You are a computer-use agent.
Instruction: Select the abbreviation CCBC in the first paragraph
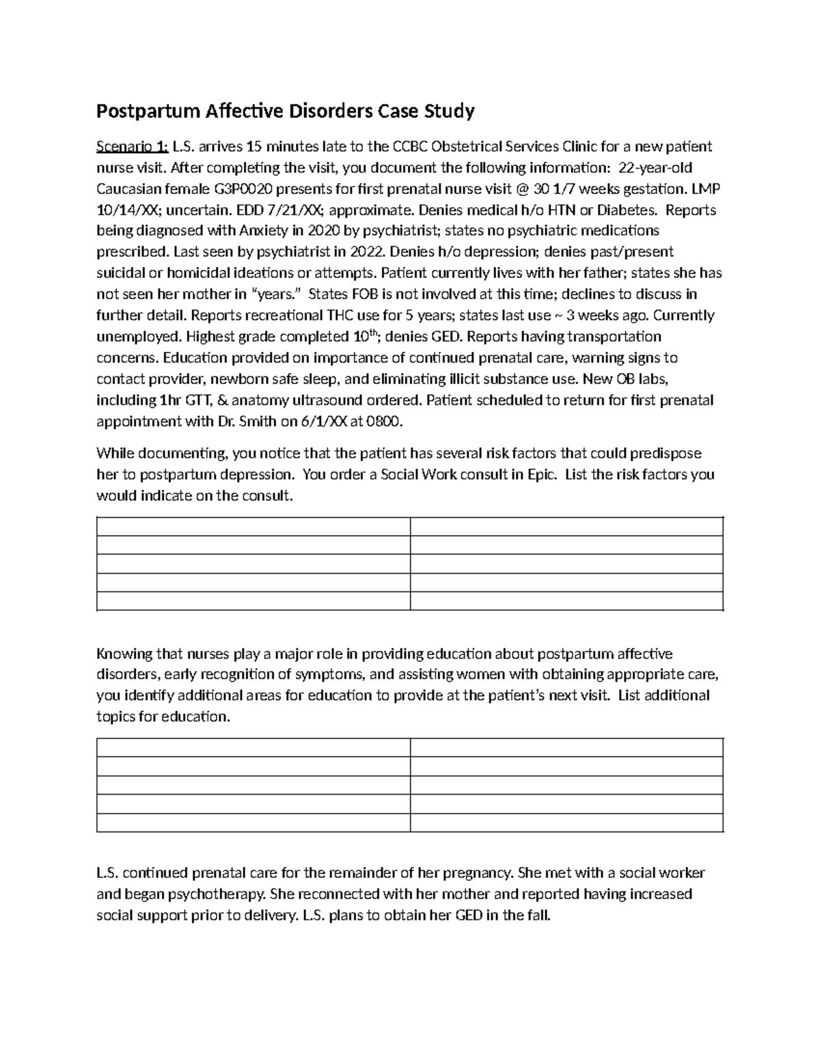pos(411,146)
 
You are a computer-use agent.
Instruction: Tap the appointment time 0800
pos(385,421)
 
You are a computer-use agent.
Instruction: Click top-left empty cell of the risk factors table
pos(254,527)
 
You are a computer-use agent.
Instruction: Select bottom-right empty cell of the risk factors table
pos(566,601)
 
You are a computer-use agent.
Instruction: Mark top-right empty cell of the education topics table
pos(566,747)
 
